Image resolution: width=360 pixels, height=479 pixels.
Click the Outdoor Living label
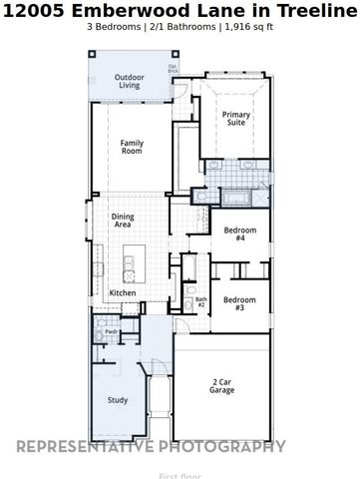pos(129,82)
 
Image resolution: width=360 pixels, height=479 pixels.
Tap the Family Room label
pos(132,147)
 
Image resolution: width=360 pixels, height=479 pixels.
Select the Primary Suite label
pos(236,118)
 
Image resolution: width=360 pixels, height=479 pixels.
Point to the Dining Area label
pos(124,222)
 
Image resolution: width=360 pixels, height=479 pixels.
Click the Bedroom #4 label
pos(240,235)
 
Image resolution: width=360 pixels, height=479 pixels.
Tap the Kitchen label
pos(123,292)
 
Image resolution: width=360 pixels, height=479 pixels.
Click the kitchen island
pos(128,264)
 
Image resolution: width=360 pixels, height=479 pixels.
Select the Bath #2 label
pos(200,301)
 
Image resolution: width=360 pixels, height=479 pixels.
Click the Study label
pos(118,400)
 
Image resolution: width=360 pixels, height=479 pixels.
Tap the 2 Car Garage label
pos(222,386)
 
